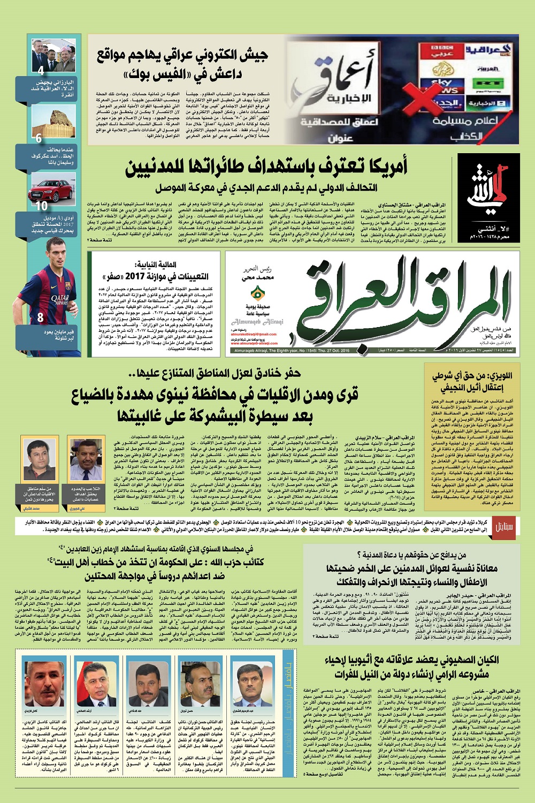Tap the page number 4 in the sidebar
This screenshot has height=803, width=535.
[41, 70]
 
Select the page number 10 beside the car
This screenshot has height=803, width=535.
[41, 205]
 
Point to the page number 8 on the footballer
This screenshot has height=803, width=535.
[40, 317]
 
